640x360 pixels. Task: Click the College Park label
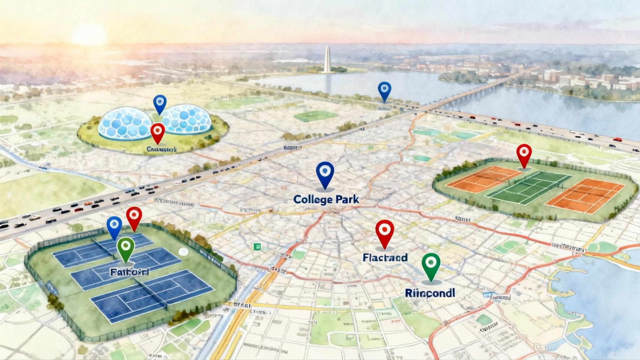326,199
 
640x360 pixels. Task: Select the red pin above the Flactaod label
384,231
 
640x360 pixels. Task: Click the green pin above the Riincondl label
431,264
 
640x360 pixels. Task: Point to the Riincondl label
430,293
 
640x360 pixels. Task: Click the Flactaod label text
385,258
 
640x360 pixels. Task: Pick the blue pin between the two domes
160,103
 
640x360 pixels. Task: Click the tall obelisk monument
327,59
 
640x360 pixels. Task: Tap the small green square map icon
257,247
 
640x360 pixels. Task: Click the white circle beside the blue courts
183,252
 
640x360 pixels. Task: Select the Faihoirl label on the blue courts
129,272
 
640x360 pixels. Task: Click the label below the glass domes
162,150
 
